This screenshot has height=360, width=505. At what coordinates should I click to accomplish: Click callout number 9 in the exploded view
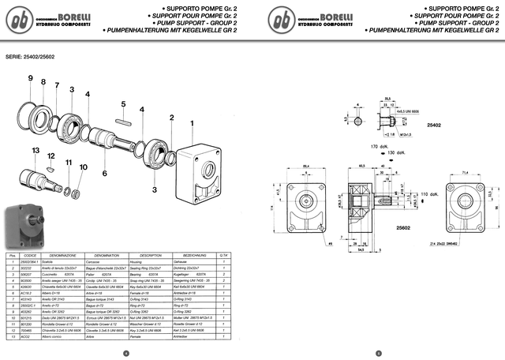coord(31,79)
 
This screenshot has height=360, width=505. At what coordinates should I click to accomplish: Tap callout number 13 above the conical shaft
coord(36,150)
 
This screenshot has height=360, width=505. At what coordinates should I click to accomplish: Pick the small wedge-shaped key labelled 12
coord(50,167)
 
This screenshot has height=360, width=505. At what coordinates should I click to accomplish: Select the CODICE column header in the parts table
coord(30,256)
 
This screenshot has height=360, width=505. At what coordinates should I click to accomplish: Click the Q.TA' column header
coord(223,256)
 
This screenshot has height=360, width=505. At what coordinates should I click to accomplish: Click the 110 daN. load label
coord(431,193)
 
